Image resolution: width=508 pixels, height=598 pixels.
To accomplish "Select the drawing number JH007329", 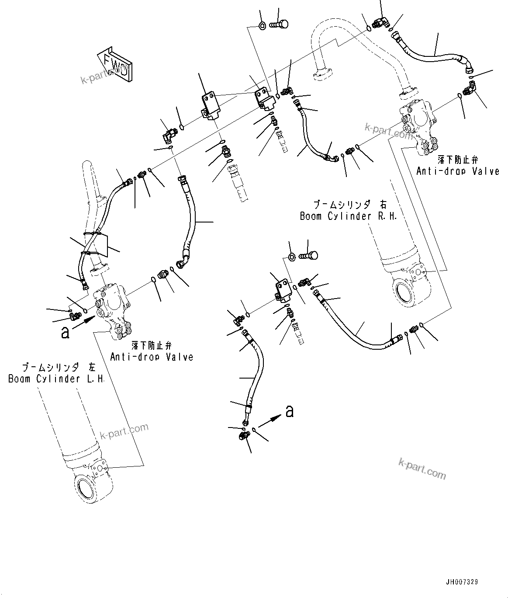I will click(462, 582).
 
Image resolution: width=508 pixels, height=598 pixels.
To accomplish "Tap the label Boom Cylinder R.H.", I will click(348, 216).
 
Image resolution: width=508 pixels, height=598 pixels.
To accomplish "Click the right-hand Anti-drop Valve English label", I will click(457, 171).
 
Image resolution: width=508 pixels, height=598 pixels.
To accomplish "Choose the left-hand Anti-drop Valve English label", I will click(151, 357).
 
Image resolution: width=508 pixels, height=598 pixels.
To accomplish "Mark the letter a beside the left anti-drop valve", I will click(65, 333).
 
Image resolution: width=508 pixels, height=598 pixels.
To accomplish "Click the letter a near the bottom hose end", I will click(289, 411).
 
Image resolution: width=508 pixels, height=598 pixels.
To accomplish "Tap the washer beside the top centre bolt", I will click(262, 25).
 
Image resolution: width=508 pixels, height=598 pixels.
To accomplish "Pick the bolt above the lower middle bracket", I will click(309, 255).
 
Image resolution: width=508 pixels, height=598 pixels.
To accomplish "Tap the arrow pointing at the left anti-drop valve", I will click(84, 323).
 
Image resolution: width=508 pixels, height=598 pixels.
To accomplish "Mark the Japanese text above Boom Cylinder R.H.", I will click(348, 205).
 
